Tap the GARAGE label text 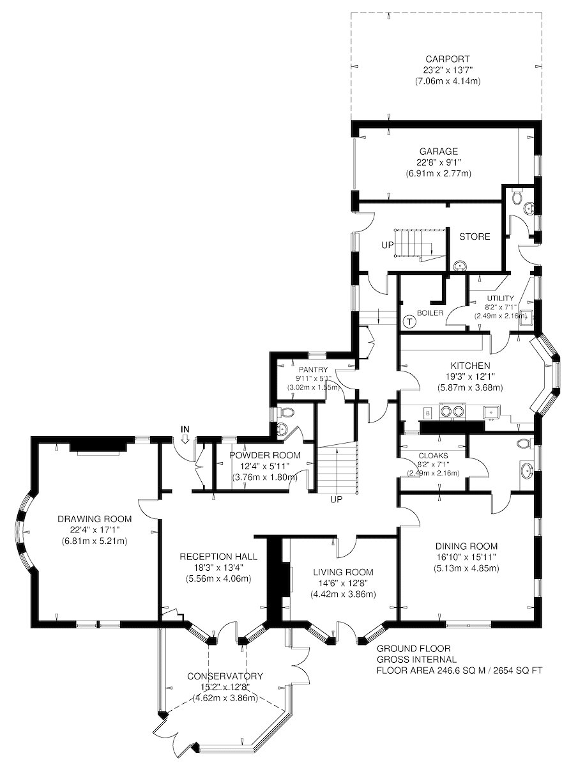[438, 151]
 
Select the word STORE [475, 236]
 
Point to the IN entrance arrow [185, 439]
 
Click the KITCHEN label [470, 366]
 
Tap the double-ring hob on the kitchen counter [452, 410]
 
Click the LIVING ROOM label [343, 572]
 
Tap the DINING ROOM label [466, 546]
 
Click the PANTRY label [313, 369]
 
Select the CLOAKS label [433, 456]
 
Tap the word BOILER [430, 313]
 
